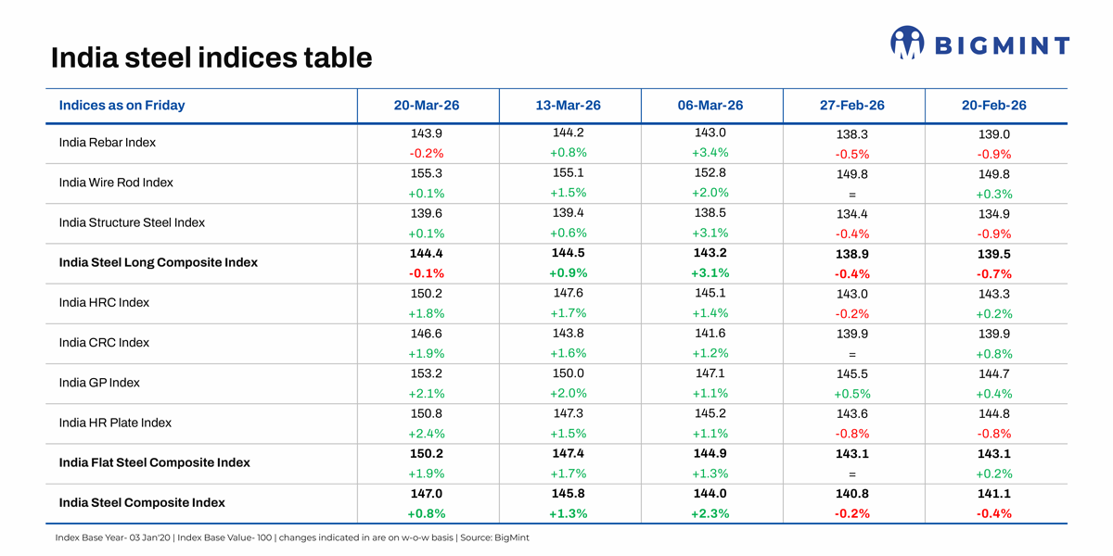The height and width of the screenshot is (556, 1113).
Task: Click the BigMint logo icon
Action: click(x=907, y=43)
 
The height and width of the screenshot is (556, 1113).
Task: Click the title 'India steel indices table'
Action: click(x=211, y=58)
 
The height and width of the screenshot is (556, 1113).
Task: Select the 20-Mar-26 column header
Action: click(x=427, y=106)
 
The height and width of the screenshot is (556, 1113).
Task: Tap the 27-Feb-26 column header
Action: click(x=852, y=106)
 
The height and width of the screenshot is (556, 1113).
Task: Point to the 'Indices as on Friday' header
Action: click(x=122, y=106)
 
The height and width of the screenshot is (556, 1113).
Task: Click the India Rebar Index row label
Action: click(x=107, y=143)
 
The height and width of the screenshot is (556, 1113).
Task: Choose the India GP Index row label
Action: click(x=99, y=383)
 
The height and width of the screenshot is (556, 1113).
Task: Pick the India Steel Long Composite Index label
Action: click(x=158, y=262)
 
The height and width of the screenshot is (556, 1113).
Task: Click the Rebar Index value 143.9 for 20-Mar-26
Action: click(x=427, y=133)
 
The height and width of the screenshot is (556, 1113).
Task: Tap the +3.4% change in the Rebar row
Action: click(x=710, y=153)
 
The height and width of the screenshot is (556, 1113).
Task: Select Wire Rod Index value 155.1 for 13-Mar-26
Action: click(x=568, y=172)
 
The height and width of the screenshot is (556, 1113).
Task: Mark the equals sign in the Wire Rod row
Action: click(x=851, y=195)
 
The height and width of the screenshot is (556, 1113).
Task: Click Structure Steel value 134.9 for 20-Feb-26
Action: click(x=993, y=214)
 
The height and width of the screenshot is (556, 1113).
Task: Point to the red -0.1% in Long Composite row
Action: click(x=427, y=273)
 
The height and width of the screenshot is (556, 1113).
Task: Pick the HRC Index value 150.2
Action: click(x=427, y=294)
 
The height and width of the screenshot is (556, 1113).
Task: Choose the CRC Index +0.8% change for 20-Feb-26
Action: click(x=993, y=354)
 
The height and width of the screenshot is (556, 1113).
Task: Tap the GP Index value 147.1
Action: click(x=710, y=373)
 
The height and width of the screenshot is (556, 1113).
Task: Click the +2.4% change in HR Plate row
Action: click(x=427, y=434)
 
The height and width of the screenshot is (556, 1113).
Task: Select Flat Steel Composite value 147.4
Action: click(x=568, y=453)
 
